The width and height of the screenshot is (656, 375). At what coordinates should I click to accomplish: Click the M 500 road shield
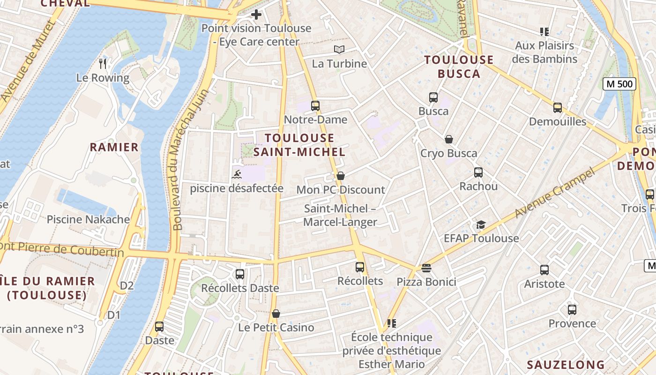pos(619,84)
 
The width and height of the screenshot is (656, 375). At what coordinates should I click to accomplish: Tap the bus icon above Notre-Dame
pos(315,106)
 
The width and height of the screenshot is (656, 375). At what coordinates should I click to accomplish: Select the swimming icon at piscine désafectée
pos(237,175)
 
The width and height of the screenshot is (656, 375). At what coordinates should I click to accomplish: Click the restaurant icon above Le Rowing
pos(103,64)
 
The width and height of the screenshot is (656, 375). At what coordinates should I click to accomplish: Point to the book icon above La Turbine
pos(339,49)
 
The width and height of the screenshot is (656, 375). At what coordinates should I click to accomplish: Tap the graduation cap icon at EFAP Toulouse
pos(481,225)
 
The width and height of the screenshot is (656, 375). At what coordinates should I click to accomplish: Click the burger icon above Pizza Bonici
pos(426,268)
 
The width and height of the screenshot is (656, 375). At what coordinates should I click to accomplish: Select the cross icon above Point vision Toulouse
pos(256,15)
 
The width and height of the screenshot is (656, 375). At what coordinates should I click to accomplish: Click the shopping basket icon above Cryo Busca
pos(449,139)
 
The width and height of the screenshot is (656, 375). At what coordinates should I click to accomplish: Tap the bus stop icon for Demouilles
pos(558,108)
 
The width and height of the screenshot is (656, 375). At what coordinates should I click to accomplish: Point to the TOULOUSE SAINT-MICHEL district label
pos(300,145)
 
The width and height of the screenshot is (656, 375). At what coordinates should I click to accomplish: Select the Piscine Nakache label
pos(89,219)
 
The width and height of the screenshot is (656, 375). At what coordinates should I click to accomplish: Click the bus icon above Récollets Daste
pos(240,274)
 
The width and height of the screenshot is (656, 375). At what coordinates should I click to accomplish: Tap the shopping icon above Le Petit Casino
pos(276,314)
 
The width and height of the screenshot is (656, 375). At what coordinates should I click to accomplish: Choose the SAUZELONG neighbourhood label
pos(566,365)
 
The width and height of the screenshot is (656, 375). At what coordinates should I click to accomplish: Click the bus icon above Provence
pos(572,310)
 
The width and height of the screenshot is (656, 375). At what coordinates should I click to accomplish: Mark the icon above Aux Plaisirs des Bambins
pos(544,32)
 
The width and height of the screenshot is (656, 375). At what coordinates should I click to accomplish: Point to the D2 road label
pos(127,285)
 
